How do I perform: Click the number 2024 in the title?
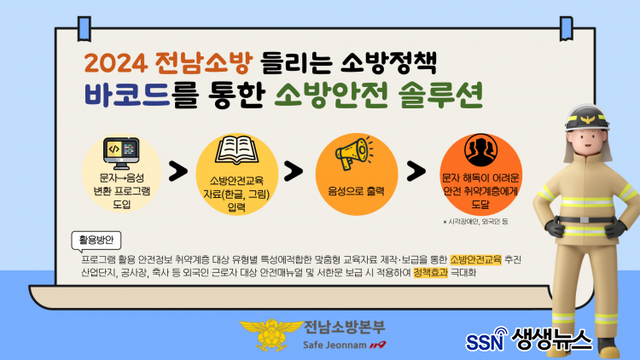[x=116, y=63]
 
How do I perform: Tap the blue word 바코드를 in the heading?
[x=141, y=96]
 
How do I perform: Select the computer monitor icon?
[x=121, y=154]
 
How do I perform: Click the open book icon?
[x=236, y=150]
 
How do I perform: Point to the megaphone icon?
[x=353, y=153]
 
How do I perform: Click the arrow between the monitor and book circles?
[x=178, y=171]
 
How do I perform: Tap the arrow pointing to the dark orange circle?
[x=416, y=171]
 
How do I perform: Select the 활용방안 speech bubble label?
[x=96, y=241]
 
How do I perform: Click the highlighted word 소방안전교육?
[x=475, y=259]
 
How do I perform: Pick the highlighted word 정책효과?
[x=431, y=273]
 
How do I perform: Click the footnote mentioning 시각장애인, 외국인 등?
[x=475, y=222]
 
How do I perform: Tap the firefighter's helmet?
[x=588, y=118]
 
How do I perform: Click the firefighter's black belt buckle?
[x=585, y=220]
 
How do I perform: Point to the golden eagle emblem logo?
[x=271, y=334]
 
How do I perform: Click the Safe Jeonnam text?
[x=335, y=345]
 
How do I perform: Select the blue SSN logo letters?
[x=485, y=342]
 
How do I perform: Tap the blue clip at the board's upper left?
[x=84, y=29]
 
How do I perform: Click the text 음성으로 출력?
[x=357, y=191]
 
